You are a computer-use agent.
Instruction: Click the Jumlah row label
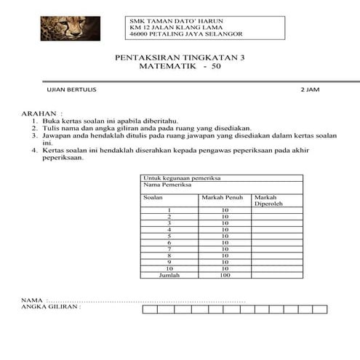[169, 276]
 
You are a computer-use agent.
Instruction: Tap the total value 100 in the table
[224, 276]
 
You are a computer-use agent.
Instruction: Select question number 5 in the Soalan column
[169, 236]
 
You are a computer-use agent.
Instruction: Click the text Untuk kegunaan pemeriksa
[182, 178]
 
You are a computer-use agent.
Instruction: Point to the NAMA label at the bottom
[32, 300]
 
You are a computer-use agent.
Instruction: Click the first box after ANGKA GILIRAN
[151, 308]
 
